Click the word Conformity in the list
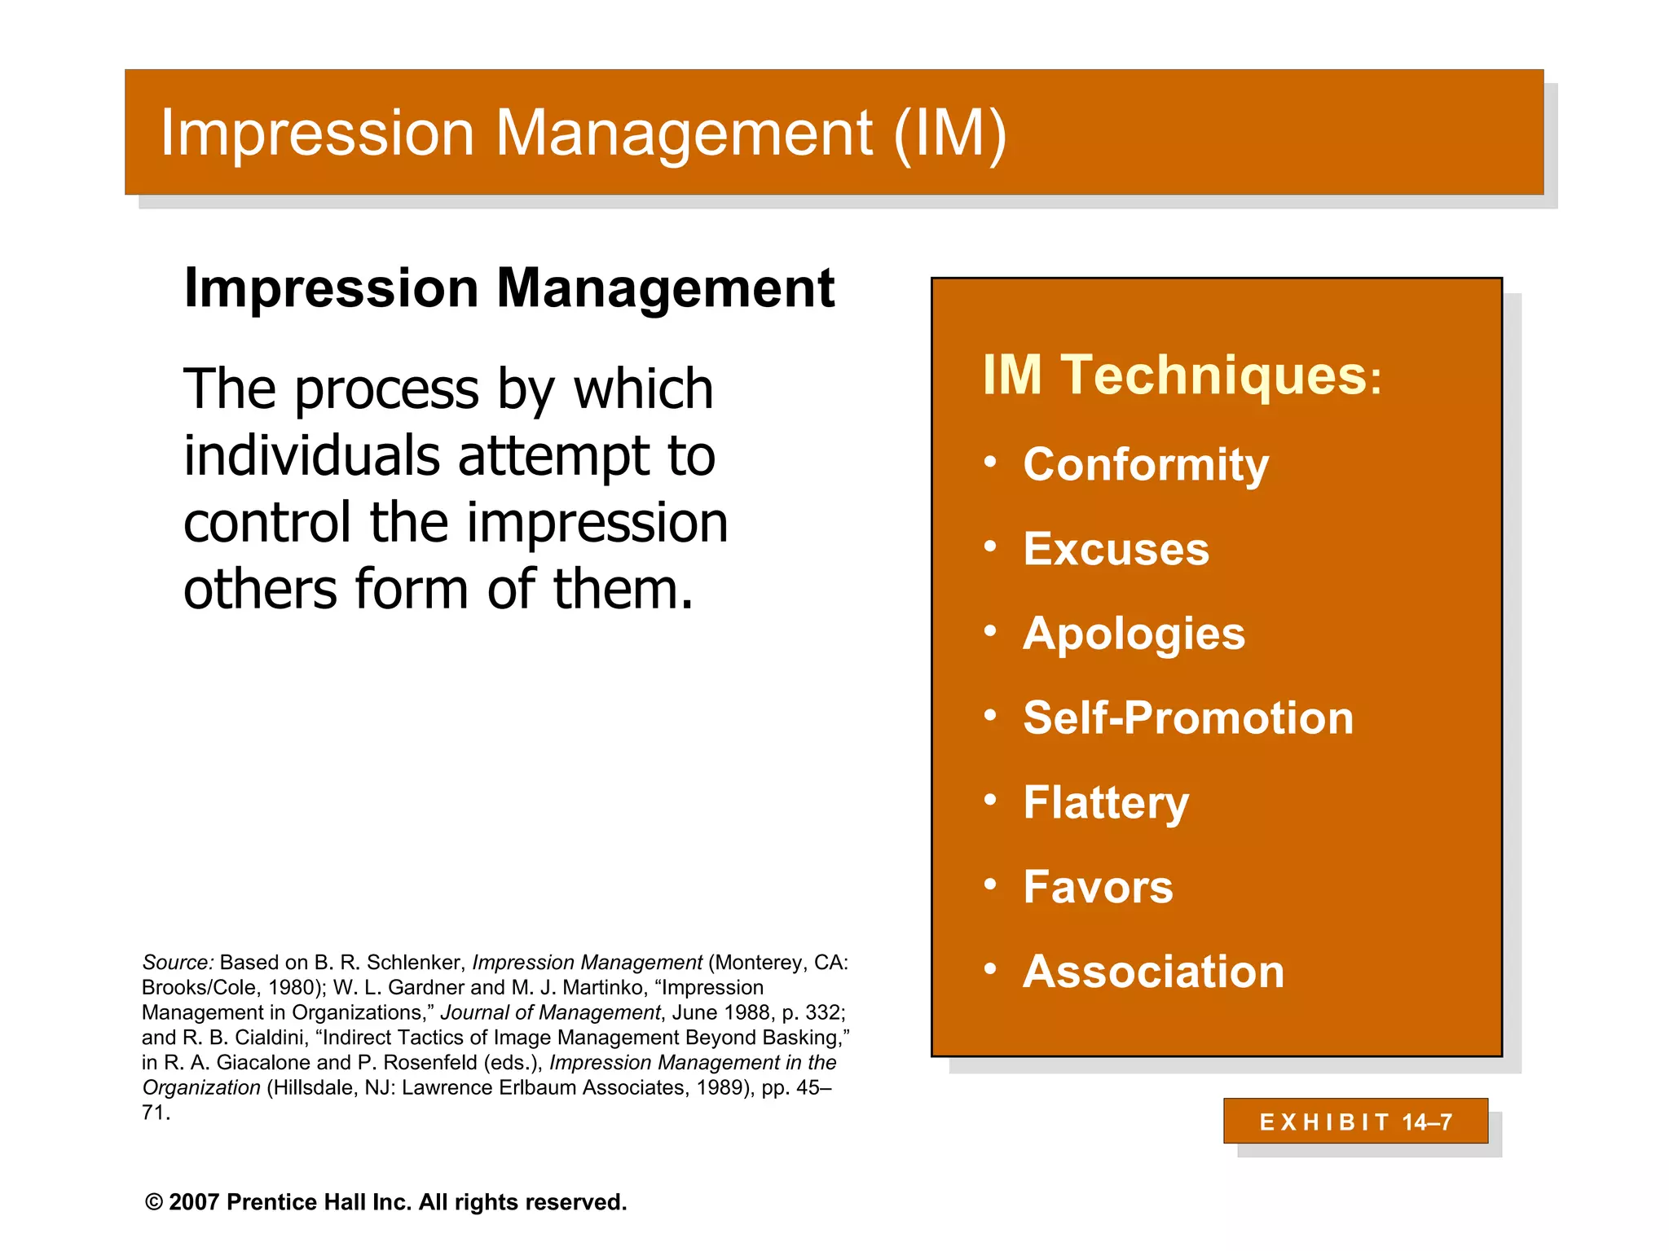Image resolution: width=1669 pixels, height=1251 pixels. pos(1145,465)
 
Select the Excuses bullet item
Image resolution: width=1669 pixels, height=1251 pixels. pos(1116,549)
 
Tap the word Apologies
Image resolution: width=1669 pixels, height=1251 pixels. pos(1134,634)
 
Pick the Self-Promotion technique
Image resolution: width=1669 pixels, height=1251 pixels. pos(1187,718)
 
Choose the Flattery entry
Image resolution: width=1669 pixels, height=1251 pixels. pos(1105,803)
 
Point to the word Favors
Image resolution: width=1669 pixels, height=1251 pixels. pos(1098,887)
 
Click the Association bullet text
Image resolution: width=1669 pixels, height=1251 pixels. pos(1153,972)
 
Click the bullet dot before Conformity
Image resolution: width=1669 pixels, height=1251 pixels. pos(990,463)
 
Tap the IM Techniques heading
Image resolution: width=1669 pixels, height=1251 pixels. pos(1181,375)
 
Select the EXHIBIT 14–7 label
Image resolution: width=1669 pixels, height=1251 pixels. pos(1355,1122)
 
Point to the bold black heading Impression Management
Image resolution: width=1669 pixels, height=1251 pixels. pos(509,288)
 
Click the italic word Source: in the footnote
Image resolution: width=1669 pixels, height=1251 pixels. pos(178,963)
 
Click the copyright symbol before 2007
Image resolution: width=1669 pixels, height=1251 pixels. pos(153,1203)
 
